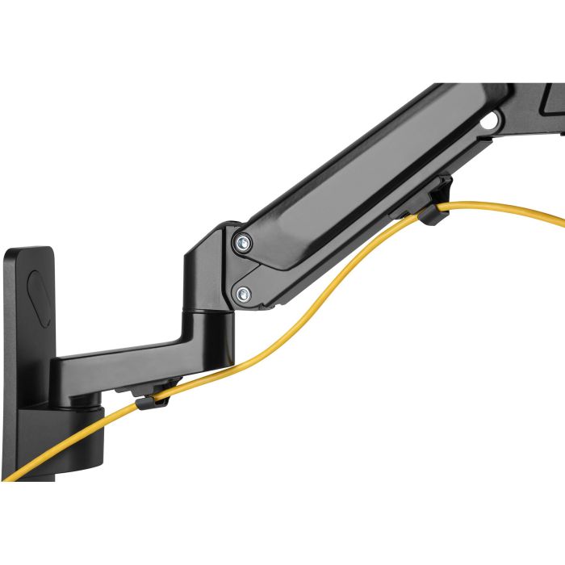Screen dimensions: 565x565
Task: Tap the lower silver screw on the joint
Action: click(241, 295)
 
